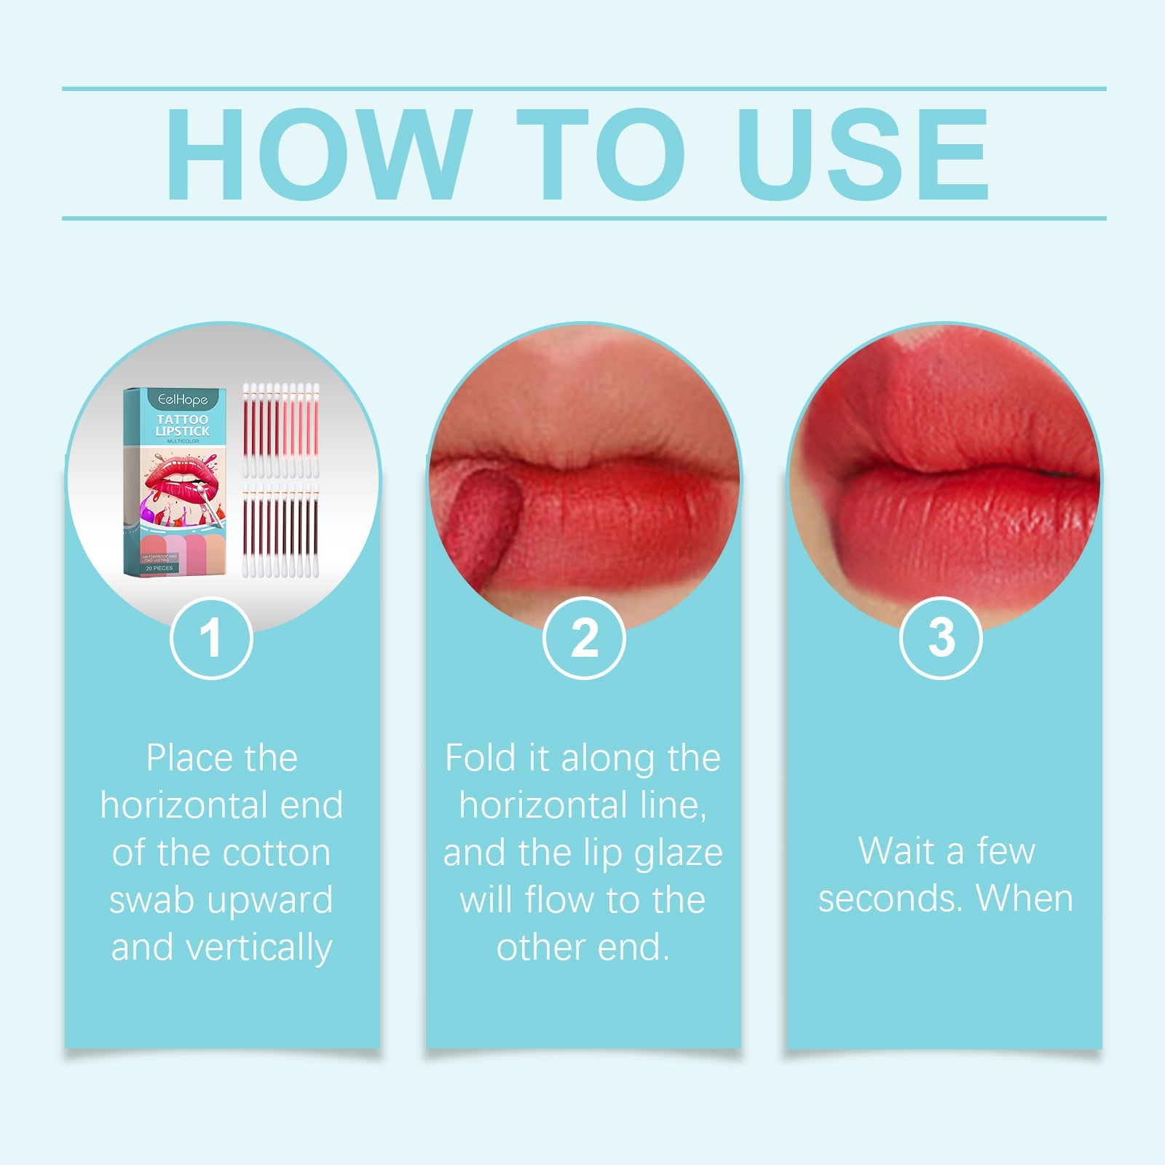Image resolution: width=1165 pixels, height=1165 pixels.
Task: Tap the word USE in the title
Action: coord(863,154)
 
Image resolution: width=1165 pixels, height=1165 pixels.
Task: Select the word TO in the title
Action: coord(601,154)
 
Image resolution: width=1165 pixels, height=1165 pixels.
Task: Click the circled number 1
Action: coord(211,639)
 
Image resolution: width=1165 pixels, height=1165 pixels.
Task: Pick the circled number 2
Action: coord(584,639)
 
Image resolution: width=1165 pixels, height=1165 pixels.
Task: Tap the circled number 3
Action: coord(941,639)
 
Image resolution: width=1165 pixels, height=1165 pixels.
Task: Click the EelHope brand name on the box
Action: coord(183,400)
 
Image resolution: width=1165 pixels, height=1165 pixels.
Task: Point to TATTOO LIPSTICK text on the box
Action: coord(182,425)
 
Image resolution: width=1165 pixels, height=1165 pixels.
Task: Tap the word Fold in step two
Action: coord(481,759)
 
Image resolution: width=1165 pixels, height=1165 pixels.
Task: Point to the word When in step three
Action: coord(1024,899)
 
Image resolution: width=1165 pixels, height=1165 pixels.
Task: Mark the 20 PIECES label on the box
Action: coord(159,568)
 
